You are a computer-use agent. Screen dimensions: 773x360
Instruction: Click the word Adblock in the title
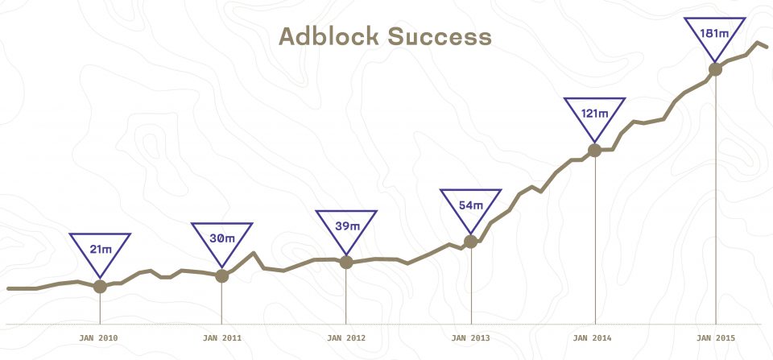click(329, 36)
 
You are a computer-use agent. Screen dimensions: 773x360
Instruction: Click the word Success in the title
click(440, 36)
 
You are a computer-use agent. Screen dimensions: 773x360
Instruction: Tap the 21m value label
click(101, 250)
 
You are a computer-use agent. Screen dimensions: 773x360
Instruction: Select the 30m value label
click(222, 238)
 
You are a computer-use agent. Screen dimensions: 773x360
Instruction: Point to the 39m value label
click(347, 226)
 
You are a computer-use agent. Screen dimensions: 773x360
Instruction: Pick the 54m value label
click(471, 205)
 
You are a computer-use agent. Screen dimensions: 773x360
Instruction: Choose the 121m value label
click(594, 114)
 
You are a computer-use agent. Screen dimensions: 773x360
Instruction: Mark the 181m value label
click(714, 33)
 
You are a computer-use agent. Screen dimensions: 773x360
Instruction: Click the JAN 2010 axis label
click(98, 338)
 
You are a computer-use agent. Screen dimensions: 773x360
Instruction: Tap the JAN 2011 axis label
click(222, 338)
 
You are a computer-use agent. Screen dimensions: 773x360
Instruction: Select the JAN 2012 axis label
click(346, 338)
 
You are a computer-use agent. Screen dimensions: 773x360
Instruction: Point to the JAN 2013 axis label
click(470, 338)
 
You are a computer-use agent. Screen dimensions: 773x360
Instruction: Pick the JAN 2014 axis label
click(592, 338)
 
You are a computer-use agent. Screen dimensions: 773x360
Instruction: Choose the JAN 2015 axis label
click(715, 338)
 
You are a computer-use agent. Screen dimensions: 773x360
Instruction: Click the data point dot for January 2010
click(100, 286)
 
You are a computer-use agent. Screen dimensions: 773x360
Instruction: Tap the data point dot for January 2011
click(222, 275)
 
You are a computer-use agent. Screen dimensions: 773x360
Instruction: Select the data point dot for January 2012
click(346, 262)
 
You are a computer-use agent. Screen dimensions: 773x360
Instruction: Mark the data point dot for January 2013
click(471, 241)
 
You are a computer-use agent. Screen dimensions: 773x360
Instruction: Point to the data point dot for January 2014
click(594, 150)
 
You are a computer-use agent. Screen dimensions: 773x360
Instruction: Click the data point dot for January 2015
click(715, 69)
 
